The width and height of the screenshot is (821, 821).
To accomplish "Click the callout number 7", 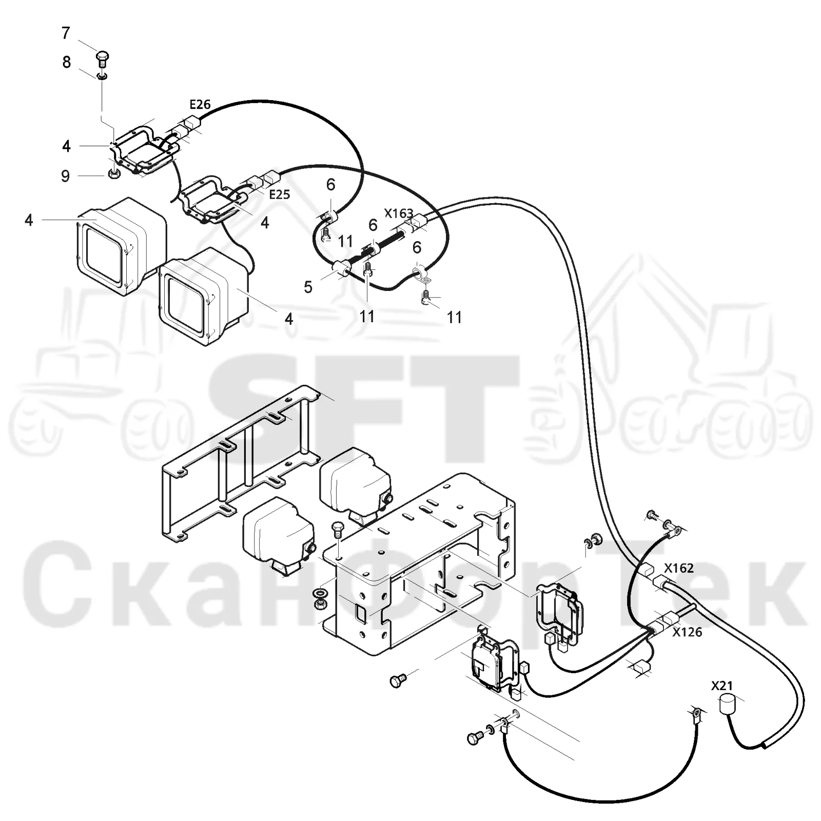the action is click(x=65, y=33).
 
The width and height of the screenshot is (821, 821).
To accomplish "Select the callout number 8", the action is click(x=67, y=63).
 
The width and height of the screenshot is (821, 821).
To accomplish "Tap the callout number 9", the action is click(x=65, y=176).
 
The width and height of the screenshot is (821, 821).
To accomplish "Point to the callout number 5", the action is click(x=308, y=287).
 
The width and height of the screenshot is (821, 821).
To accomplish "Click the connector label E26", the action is click(x=200, y=105).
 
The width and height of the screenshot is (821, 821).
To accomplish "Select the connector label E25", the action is click(x=280, y=194).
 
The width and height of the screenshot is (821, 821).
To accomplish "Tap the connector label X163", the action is click(x=399, y=213).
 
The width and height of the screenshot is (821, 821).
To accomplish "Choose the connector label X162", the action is click(x=679, y=568).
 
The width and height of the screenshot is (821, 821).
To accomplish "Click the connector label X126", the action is click(x=687, y=632).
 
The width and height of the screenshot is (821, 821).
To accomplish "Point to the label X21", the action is click(x=722, y=686).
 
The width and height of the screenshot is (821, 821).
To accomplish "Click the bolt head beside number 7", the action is click(x=103, y=58).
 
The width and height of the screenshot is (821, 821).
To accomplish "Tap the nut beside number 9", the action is click(x=114, y=174).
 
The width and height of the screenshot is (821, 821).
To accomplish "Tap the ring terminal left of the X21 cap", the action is click(x=695, y=714).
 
